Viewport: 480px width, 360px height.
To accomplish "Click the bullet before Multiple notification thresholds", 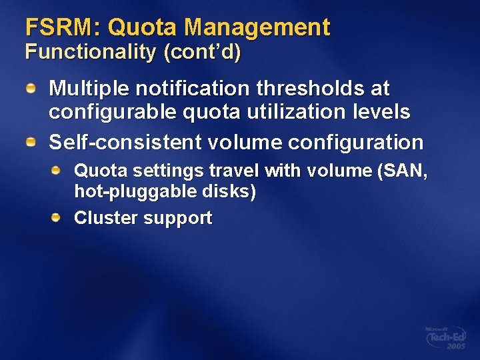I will pyautogui.click(x=31, y=87).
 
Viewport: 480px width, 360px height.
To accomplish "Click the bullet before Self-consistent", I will pyautogui.click(x=31, y=142).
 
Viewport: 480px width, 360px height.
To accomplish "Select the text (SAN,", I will pyautogui.click(x=402, y=171).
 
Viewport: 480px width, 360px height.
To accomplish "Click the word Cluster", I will pyautogui.click(x=102, y=218).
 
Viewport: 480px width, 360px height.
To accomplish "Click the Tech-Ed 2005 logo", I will pyautogui.click(x=445, y=337).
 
